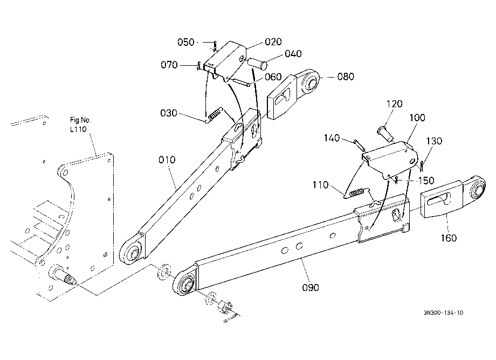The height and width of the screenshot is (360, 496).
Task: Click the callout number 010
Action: click(167, 160)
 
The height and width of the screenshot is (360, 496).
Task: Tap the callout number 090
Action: click(311, 287)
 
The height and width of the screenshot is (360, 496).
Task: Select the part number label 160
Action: click(449, 238)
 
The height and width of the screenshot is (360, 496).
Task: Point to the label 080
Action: click(346, 77)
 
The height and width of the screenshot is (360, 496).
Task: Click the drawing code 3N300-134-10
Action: click(444, 313)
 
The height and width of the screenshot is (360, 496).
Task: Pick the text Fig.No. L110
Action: click(80, 124)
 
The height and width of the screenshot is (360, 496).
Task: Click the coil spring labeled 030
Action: click(214, 114)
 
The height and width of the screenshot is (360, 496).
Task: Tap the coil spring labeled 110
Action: click(356, 193)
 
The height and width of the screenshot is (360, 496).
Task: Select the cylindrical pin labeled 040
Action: click(257, 63)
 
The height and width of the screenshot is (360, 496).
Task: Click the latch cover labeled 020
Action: click(225, 61)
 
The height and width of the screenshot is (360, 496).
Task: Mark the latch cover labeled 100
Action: click(390, 159)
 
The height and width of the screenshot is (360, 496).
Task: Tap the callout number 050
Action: click(185, 42)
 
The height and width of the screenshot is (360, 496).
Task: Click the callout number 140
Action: click(332, 138)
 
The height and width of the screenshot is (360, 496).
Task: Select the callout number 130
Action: click(434, 141)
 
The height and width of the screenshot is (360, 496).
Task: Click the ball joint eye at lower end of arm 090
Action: click(185, 282)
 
